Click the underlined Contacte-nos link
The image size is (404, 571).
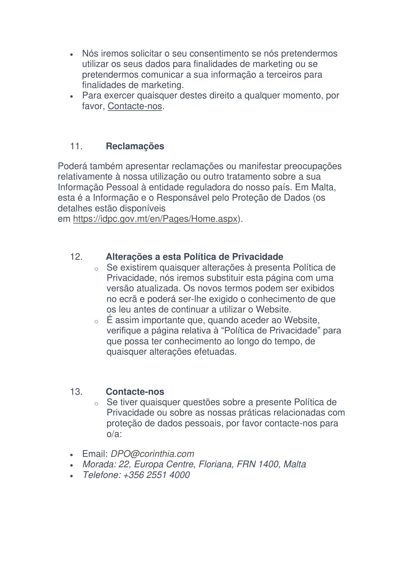click(x=134, y=106)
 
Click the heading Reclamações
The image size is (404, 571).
click(x=135, y=146)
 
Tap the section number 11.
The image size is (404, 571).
click(x=76, y=146)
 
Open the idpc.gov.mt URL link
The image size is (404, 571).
click(x=155, y=219)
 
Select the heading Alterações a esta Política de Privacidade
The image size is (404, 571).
click(x=194, y=257)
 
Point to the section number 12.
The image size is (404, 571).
click(x=76, y=257)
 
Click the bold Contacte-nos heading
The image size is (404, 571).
click(x=135, y=391)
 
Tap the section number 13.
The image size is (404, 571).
click(x=76, y=391)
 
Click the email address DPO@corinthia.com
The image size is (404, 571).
click(x=152, y=454)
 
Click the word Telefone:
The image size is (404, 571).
click(x=101, y=475)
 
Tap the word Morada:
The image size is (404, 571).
click(x=99, y=464)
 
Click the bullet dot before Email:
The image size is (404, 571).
click(x=71, y=455)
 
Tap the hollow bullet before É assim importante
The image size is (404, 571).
click(x=96, y=321)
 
